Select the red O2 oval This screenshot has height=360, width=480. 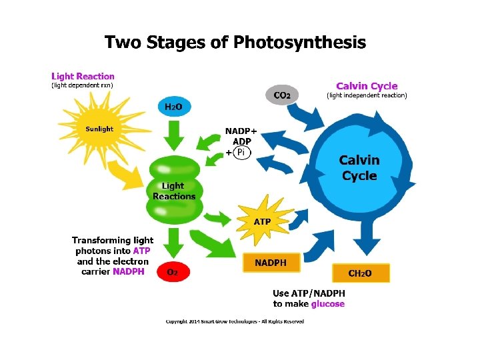(173, 272)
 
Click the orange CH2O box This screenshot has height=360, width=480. (360, 273)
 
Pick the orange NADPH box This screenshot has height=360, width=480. (271, 263)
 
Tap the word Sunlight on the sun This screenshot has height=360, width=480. (99, 129)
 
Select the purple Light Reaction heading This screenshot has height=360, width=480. (83, 77)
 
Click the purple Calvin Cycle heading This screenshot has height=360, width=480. (367, 86)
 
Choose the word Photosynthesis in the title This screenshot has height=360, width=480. (300, 43)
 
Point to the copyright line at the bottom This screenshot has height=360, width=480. (235, 321)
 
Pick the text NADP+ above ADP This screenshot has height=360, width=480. (241, 131)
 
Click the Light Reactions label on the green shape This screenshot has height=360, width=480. (174, 191)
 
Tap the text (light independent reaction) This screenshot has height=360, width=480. (367, 96)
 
